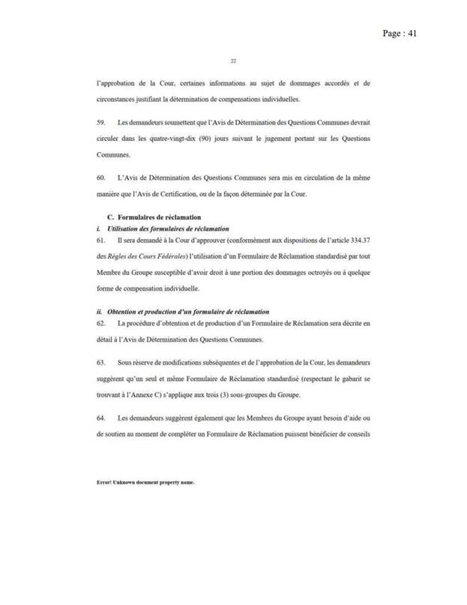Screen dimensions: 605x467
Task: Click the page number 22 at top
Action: (x=233, y=62)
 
